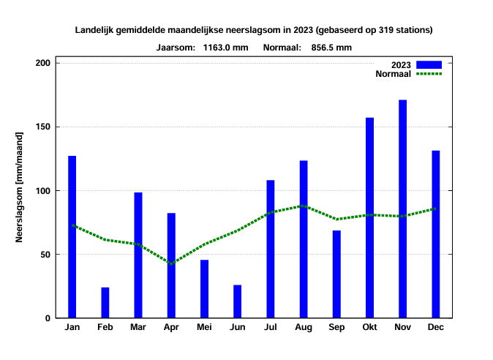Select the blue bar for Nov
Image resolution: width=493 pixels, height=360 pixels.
coord(402,209)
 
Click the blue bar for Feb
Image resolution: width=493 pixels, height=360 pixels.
coord(105,303)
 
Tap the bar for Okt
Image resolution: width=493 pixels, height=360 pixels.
coord(369,218)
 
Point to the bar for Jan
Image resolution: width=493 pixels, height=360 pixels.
coord(72,237)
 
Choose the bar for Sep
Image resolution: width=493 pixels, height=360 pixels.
coord(336,274)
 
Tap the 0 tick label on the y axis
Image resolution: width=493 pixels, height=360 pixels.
coord(47,318)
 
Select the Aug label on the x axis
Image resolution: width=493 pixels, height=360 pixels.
coord(304,327)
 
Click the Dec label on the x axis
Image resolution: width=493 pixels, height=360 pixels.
coord(435,327)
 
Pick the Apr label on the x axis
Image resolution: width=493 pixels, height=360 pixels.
coord(171,327)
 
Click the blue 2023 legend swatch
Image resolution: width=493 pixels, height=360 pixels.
coord(429,64)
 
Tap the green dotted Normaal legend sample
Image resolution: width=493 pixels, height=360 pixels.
coord(429,73)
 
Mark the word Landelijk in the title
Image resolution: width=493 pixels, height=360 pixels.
coord(95,30)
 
